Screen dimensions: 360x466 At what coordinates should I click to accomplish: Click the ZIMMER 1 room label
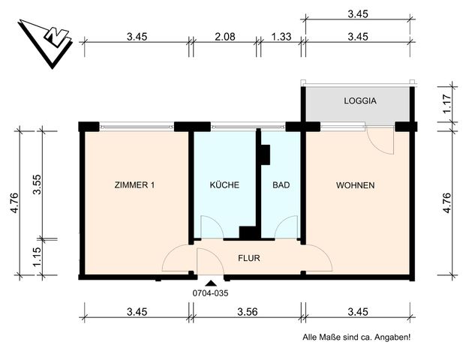point(135,185)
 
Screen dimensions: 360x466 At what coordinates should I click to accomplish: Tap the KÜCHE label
point(224,185)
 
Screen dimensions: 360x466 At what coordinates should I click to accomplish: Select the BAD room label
point(281,185)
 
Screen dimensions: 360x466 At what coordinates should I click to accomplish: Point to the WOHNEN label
point(356,185)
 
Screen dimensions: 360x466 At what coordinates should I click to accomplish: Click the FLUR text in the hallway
point(249,259)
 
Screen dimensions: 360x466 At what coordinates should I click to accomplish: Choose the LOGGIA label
point(359,100)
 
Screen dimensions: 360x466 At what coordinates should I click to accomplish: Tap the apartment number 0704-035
point(210,293)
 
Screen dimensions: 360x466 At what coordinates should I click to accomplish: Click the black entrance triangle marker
point(211,283)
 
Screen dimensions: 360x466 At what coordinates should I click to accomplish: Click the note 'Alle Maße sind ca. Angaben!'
point(356,337)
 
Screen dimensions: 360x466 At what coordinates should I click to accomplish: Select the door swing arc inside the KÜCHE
point(209,226)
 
